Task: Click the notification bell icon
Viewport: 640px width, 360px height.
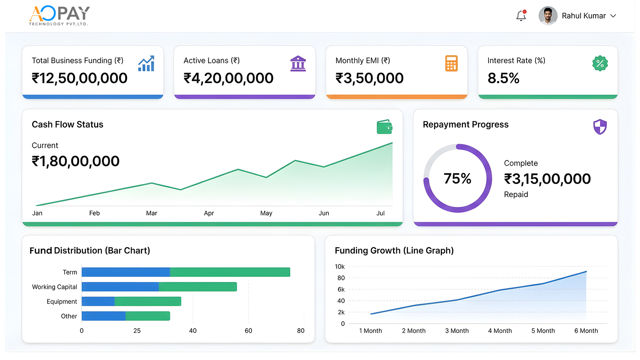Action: point(521,16)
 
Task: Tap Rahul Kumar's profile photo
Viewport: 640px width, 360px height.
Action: point(548,16)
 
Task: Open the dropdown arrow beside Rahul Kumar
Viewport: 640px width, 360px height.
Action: point(613,16)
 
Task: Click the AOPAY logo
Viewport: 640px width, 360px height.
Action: point(59,15)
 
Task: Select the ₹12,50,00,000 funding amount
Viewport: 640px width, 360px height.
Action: point(79,78)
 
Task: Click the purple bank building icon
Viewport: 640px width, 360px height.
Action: point(298,63)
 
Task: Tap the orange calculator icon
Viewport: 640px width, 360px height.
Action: point(451,63)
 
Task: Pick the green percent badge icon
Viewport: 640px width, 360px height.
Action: point(600,63)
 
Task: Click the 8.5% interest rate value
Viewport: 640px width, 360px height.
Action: point(503,78)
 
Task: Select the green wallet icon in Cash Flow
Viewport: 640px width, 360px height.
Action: point(384,127)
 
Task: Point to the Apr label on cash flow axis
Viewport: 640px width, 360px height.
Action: point(209,213)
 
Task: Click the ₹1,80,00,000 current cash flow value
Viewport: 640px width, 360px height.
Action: point(76,161)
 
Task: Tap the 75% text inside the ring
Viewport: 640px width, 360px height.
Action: point(457,179)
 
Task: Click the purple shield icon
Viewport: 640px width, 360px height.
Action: point(600,127)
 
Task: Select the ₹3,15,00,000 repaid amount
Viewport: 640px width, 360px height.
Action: point(547,179)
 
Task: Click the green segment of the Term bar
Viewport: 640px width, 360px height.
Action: point(230,272)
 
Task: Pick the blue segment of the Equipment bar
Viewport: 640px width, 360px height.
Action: point(98,301)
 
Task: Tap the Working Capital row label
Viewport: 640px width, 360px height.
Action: point(54,287)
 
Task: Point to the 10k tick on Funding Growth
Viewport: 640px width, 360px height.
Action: point(340,267)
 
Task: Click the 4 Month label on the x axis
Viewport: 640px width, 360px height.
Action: point(500,331)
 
